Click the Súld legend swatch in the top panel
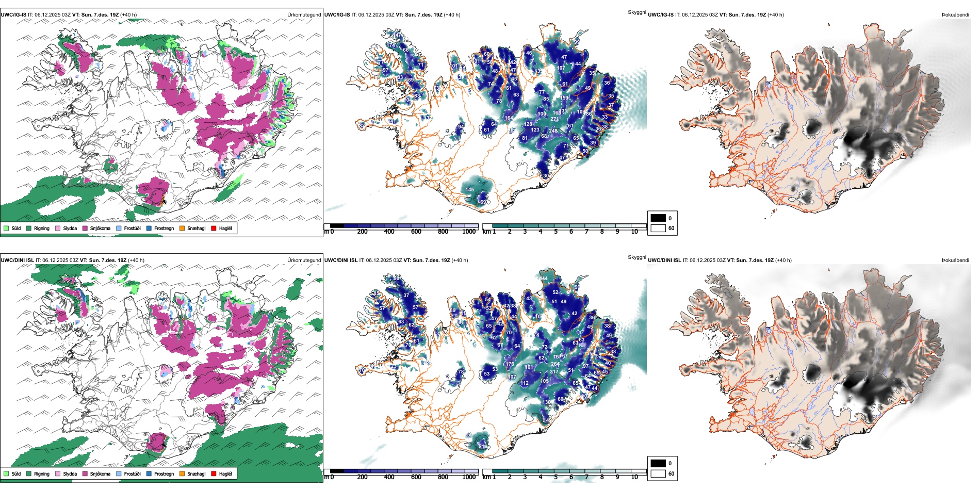coord(6,228)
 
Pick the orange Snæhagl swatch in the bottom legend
coord(182,473)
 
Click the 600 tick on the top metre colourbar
coord(416,232)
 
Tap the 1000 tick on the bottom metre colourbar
coord(469,477)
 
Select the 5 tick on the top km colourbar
coord(556,232)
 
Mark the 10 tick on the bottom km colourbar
coord(634,477)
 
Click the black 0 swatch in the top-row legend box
coord(658,218)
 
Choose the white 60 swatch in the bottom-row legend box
coord(658,473)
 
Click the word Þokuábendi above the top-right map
coord(955,15)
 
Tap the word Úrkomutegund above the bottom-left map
coord(304,260)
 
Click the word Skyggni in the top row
coord(636,12)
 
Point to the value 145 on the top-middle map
coord(469,190)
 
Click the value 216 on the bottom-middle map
coord(483,447)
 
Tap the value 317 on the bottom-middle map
coord(554,372)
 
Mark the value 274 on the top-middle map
coord(554,119)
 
